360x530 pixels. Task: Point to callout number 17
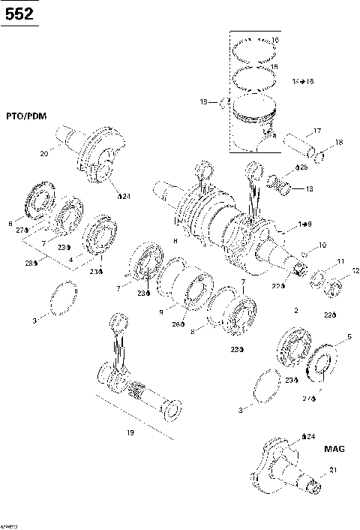click(x=316, y=131)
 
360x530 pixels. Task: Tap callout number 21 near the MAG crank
click(x=334, y=471)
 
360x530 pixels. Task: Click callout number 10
click(x=323, y=245)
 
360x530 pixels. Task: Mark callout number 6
click(x=10, y=222)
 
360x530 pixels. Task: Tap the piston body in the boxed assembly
click(x=255, y=124)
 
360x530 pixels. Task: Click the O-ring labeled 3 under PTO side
click(x=65, y=297)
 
